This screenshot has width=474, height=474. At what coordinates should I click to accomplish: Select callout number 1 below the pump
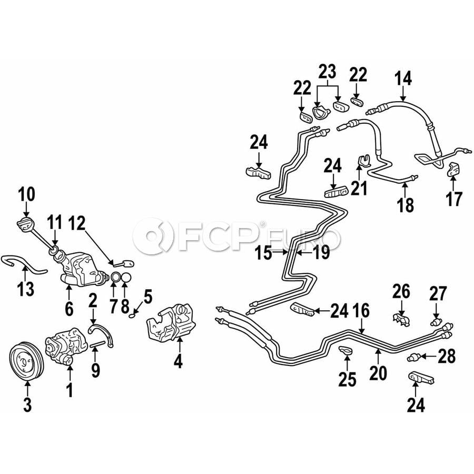70,390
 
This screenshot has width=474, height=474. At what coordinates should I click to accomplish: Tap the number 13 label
26,289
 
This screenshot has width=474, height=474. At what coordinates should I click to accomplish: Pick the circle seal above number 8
126,277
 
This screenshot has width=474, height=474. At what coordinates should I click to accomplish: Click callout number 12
77,223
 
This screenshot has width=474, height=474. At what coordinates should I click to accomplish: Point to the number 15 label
263,253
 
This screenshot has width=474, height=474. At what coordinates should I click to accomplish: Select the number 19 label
321,253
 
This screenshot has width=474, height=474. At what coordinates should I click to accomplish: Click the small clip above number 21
363,160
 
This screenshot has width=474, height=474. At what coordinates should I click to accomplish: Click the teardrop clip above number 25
346,350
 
